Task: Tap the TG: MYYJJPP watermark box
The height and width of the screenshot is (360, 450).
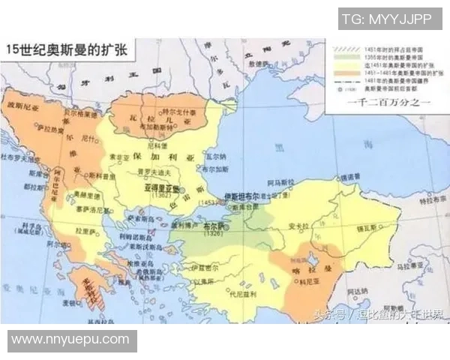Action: [387, 17]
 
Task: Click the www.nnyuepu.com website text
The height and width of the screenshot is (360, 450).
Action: [70, 340]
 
